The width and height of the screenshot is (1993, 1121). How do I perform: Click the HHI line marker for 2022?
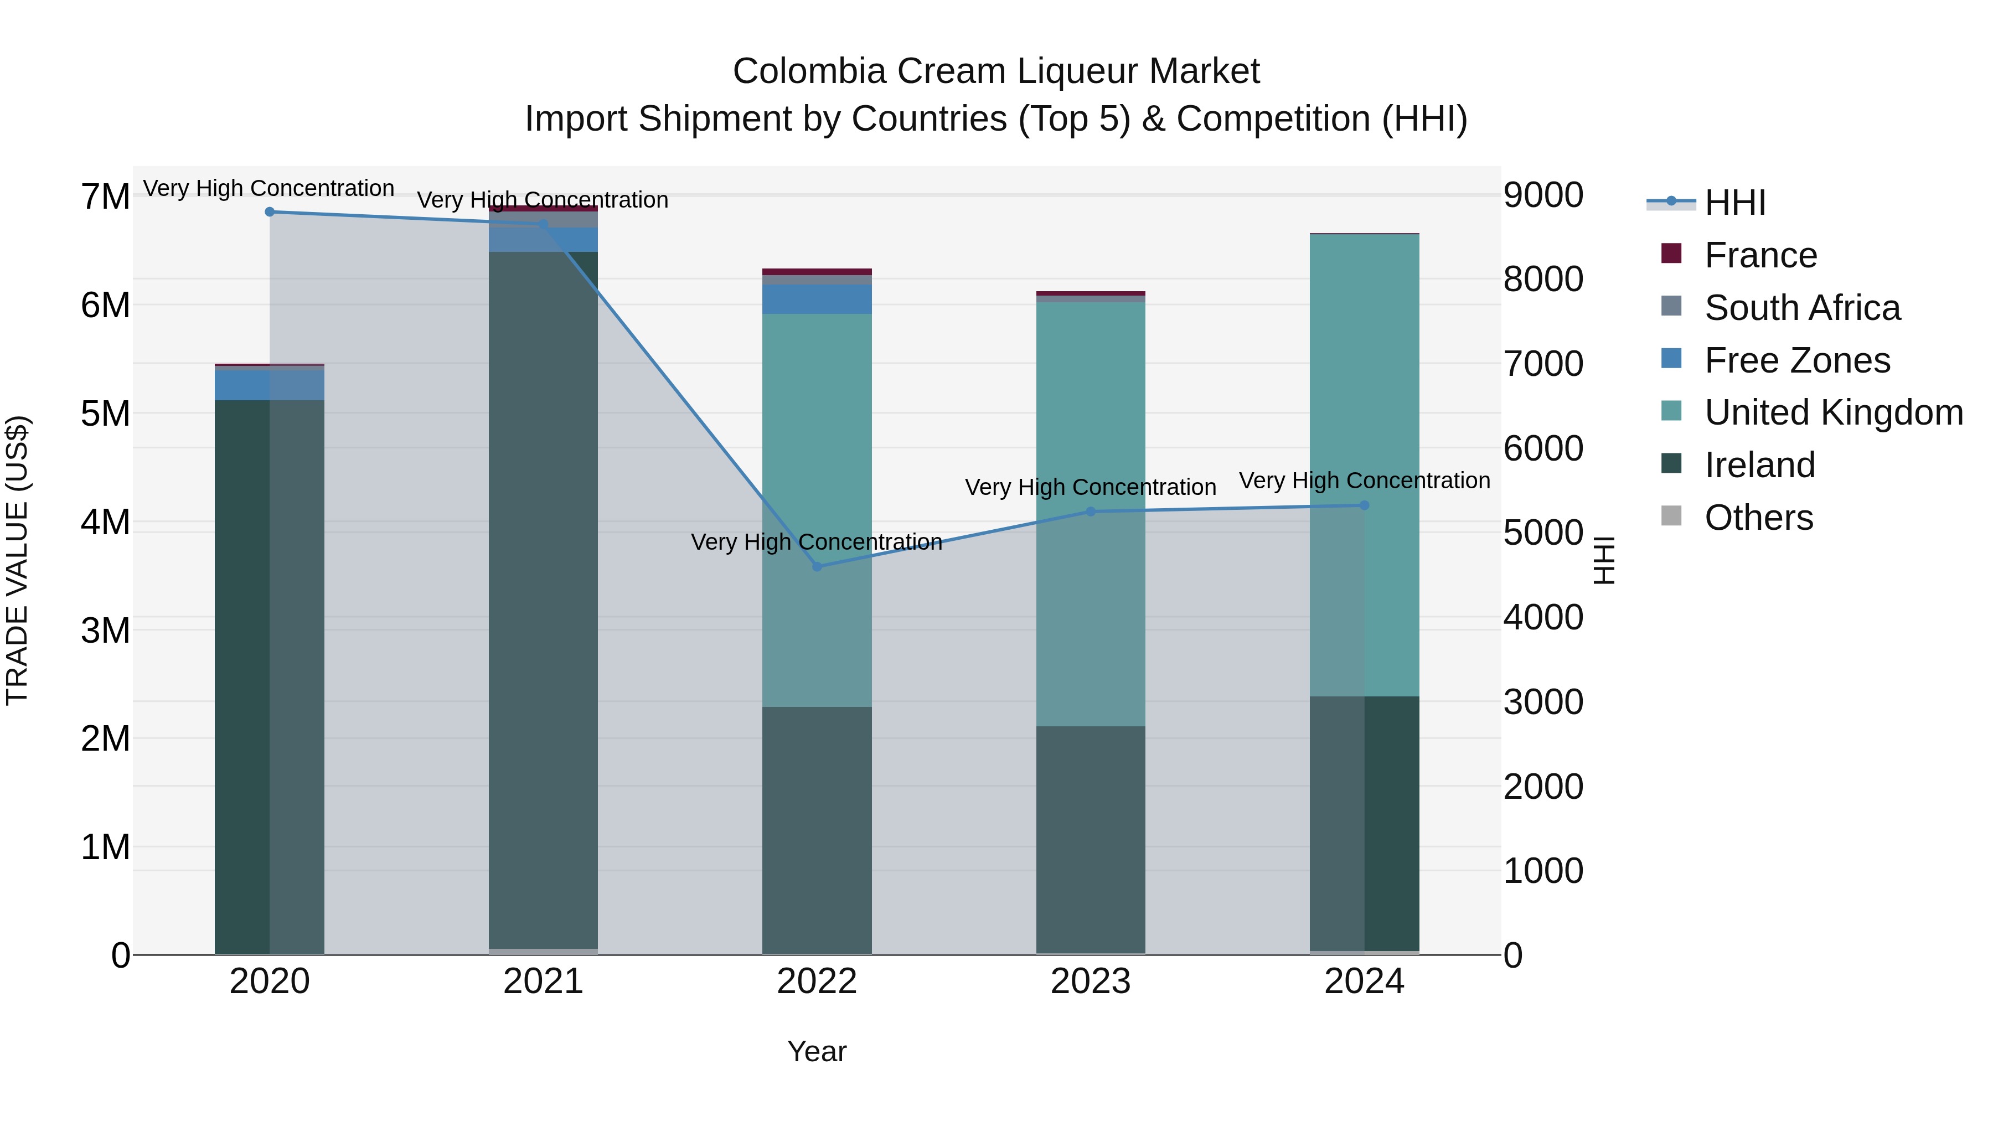(817, 566)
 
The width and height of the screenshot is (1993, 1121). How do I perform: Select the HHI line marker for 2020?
(269, 211)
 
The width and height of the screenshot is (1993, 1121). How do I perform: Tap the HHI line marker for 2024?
(1364, 505)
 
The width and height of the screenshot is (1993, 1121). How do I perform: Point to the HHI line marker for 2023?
(1091, 512)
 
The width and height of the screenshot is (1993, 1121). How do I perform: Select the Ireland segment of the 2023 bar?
(1091, 839)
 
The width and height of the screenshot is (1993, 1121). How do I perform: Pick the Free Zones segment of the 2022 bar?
(817, 298)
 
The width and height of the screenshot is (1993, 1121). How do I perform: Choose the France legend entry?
(1760, 255)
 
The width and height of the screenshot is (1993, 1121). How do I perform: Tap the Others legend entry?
(1758, 518)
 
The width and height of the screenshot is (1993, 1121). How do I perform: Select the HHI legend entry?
(1734, 203)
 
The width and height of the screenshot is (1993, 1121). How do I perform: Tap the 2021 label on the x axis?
(543, 981)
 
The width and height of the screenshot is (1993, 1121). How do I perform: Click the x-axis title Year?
(817, 1051)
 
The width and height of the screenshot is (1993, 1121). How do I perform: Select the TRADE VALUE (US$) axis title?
(17, 560)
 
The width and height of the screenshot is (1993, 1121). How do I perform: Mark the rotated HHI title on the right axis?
(1604, 560)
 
